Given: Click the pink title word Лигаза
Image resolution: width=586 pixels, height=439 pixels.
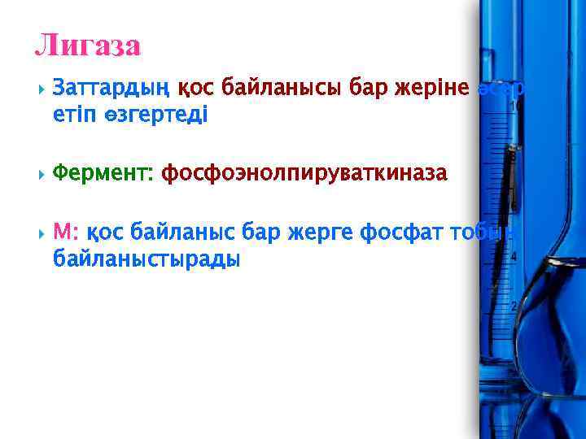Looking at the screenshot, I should coord(88,45).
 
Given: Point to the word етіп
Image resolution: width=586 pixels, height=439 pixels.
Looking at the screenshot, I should coord(72,115).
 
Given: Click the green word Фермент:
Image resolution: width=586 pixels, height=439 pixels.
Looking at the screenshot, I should coord(104,173).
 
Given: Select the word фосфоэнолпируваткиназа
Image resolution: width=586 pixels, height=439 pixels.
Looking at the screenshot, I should coord(304,173).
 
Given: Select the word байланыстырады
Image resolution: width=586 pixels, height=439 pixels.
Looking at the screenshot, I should coord(146,260).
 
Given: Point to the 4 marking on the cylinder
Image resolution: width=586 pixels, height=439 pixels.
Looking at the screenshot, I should coord(514,257).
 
